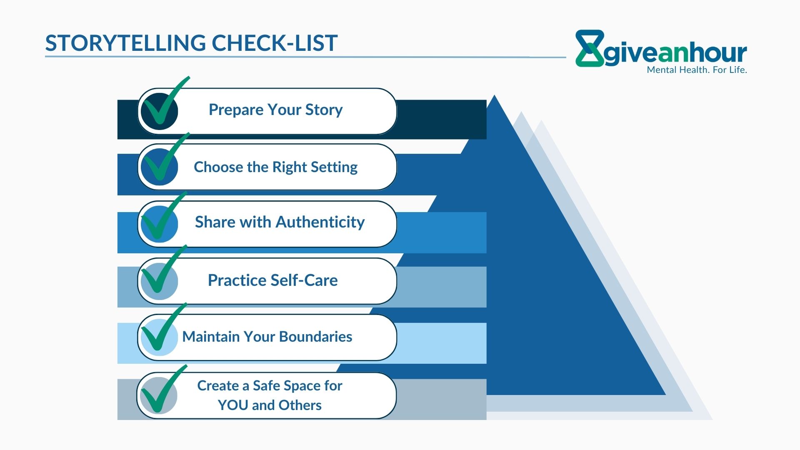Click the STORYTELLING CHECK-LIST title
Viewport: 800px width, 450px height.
click(x=191, y=43)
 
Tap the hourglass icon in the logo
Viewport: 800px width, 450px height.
click(x=590, y=48)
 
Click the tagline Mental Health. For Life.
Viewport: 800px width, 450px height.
click(x=697, y=70)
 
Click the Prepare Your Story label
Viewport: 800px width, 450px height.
click(x=275, y=110)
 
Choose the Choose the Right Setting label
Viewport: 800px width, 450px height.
click(x=275, y=167)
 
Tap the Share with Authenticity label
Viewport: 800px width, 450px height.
click(x=280, y=222)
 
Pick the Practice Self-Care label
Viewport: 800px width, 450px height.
click(x=272, y=280)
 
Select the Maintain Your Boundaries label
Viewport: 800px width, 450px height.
click(x=267, y=337)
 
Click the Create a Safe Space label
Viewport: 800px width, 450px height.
click(x=270, y=395)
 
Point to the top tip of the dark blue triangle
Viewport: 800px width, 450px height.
click(x=495, y=95)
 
